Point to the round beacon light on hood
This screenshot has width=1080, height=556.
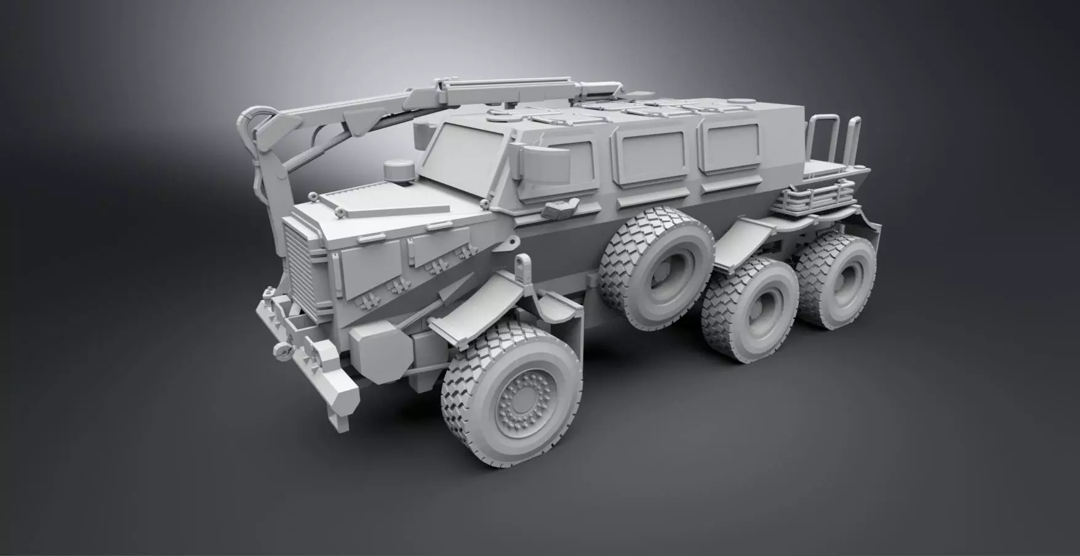(x=396, y=172)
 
